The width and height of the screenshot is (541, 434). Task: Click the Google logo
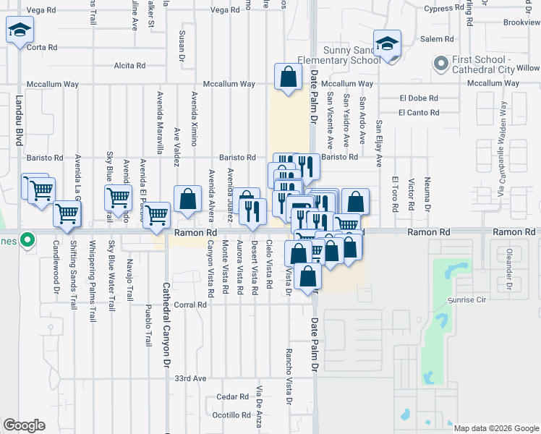coord(24,425)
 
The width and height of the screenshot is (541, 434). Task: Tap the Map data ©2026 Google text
coord(496,428)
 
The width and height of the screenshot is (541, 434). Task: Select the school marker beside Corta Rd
coord(20,32)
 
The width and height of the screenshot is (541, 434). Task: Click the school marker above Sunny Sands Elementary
coord(388,43)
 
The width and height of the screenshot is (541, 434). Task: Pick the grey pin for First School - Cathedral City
coord(440,64)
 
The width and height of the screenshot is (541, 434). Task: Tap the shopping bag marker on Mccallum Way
coord(288,77)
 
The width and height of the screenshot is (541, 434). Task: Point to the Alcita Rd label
coord(130,66)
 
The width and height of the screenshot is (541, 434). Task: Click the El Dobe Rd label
coord(418,98)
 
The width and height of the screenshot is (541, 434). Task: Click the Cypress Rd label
coord(443,9)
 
